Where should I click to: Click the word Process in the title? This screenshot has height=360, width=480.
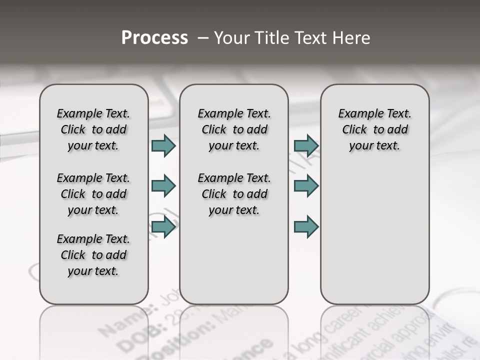(154, 38)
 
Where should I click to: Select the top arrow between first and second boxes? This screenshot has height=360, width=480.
(163, 146)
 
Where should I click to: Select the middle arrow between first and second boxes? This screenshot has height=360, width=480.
(163, 186)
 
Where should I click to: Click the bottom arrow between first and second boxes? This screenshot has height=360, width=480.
(163, 227)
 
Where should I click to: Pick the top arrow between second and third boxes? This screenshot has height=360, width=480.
(306, 146)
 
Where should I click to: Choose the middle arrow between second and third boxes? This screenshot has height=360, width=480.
(306, 186)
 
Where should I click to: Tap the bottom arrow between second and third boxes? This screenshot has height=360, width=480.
(306, 227)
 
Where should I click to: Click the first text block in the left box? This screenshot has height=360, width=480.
(93, 129)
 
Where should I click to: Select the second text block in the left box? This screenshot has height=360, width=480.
(93, 194)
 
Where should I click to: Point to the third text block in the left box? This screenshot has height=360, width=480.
(93, 255)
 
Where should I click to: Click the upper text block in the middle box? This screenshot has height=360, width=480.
(234, 129)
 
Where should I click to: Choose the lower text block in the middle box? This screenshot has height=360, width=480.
(234, 194)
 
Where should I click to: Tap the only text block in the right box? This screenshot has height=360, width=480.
(374, 129)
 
